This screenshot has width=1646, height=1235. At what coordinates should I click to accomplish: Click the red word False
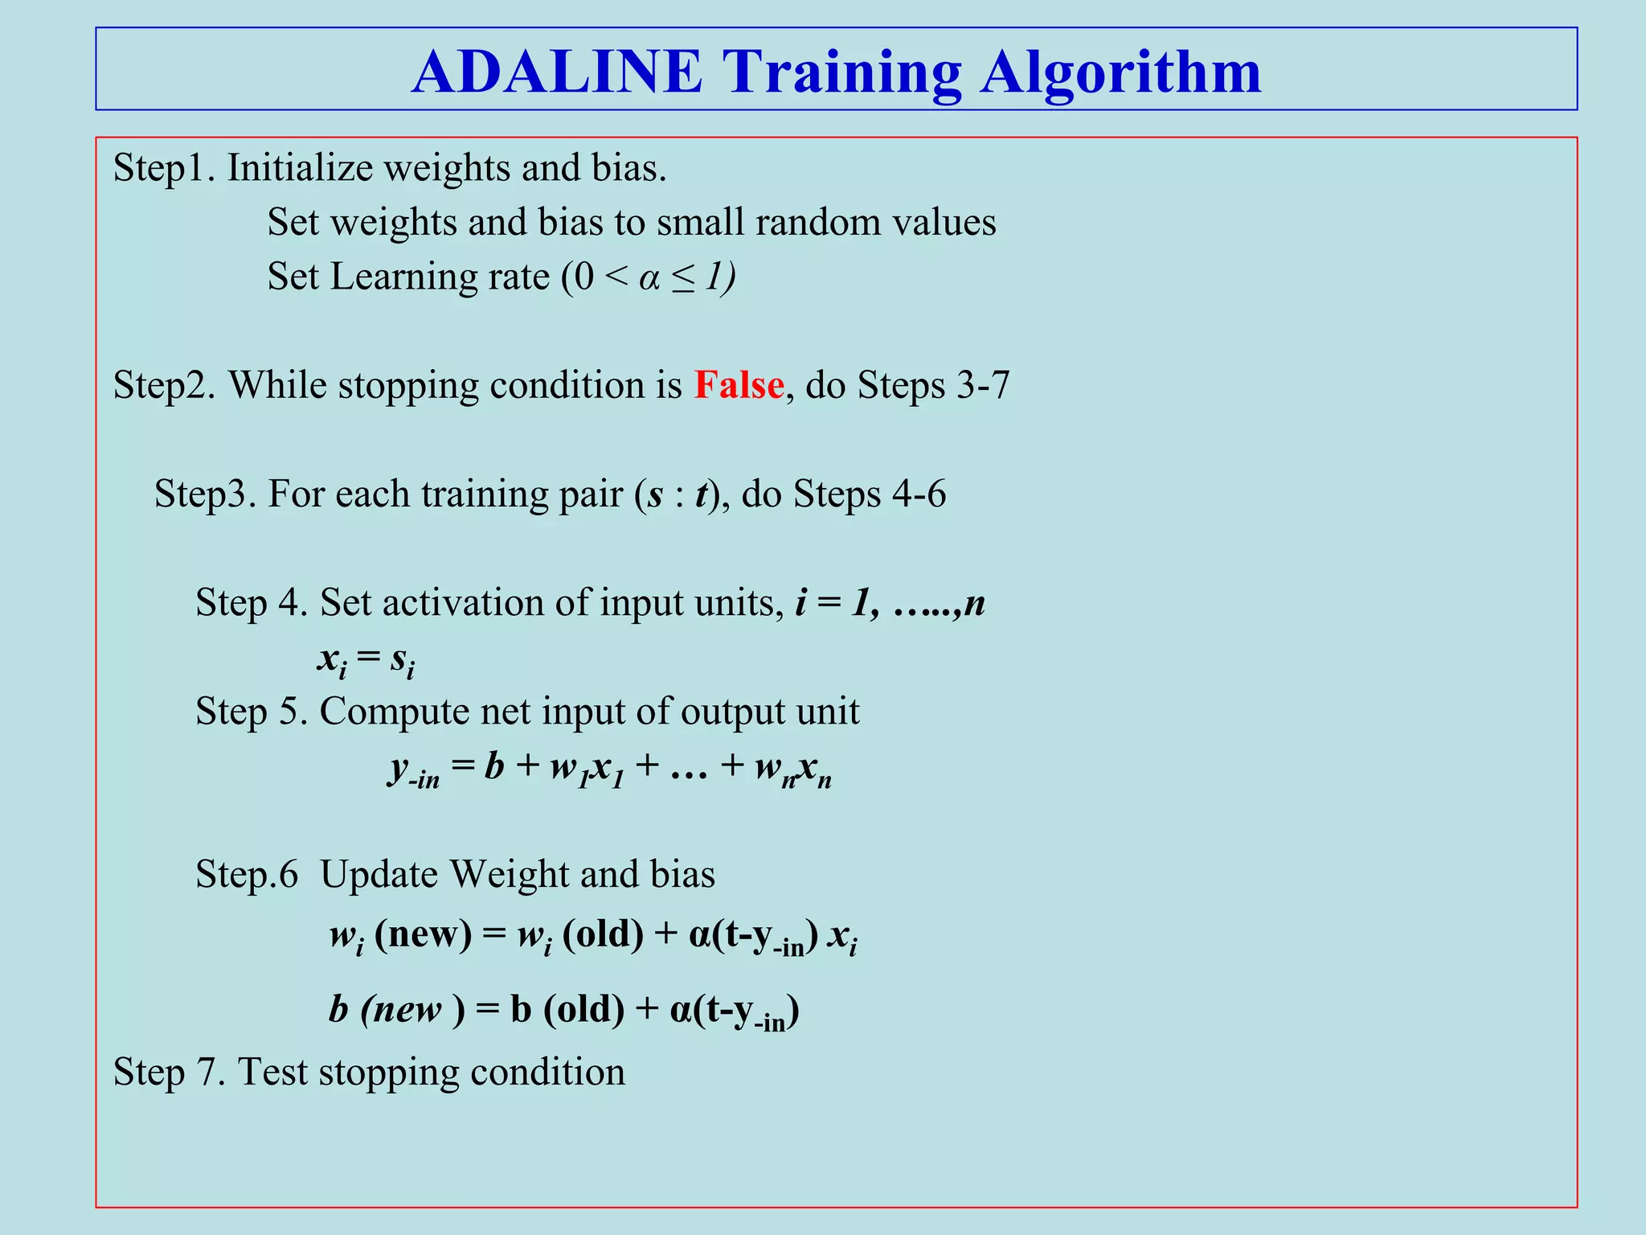tap(739, 385)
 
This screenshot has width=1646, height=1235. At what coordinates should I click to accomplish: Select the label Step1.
tap(163, 169)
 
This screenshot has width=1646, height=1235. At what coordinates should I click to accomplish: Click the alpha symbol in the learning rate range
tap(649, 278)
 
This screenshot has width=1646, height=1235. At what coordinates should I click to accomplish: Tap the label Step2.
tap(164, 386)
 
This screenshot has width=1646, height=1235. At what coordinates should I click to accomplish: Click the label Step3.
tap(205, 494)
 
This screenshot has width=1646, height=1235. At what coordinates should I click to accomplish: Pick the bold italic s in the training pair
tap(655, 494)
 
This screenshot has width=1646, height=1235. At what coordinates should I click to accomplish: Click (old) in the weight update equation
tap(603, 934)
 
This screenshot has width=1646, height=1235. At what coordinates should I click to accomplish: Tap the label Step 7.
tap(169, 1073)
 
